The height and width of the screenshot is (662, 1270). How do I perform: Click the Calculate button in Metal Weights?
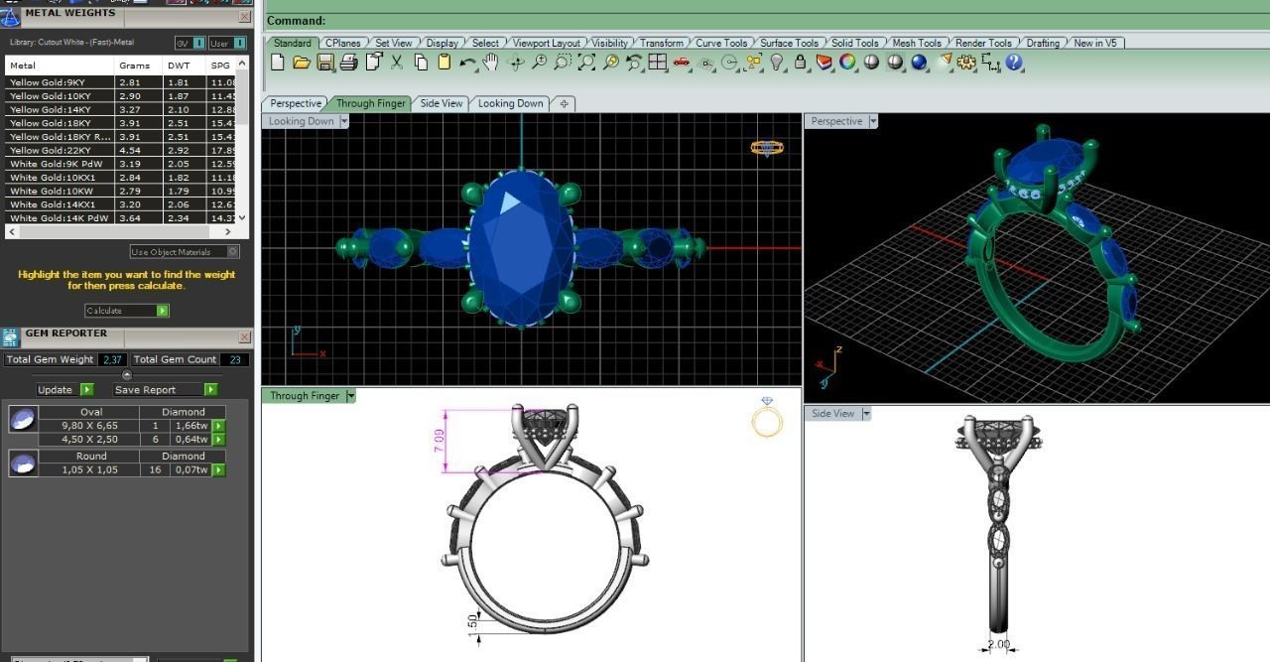[x=126, y=311]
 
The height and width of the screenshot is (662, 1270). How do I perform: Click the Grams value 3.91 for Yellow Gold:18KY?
[x=130, y=123]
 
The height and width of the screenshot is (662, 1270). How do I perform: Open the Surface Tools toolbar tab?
[x=789, y=43]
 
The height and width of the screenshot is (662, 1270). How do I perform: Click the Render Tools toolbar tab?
[x=983, y=43]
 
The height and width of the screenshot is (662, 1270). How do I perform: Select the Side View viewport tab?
[x=442, y=103]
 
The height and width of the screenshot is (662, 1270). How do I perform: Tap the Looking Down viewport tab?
[x=510, y=103]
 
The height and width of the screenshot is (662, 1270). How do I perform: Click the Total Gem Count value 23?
[x=235, y=359]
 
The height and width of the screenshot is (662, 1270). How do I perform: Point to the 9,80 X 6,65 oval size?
[x=89, y=426]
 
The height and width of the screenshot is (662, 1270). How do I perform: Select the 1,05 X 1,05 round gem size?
[x=89, y=469]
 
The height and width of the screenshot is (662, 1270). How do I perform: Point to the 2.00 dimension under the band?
[x=997, y=645]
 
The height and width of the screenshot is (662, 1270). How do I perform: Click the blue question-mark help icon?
[x=1013, y=63]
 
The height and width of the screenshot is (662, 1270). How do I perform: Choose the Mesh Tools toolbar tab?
[x=916, y=43]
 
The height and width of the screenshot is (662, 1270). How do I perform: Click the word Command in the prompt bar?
[x=295, y=21]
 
